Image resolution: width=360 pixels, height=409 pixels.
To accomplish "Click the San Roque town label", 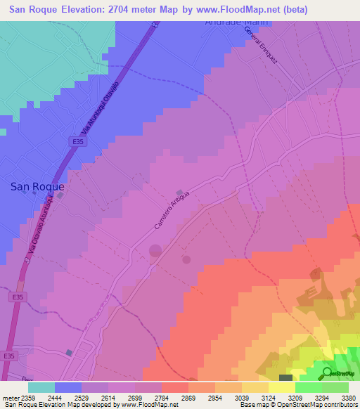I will coord(37,187).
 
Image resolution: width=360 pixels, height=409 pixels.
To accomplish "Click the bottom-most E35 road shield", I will coord(8,356).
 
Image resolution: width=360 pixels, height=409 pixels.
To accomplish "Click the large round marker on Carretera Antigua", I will coord(155,251).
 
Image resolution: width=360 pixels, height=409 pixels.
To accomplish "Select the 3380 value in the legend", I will coord(349,397).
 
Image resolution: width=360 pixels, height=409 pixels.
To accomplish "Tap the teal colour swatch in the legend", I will coord(41,387).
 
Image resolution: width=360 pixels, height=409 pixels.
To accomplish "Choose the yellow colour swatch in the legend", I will coord(281,387).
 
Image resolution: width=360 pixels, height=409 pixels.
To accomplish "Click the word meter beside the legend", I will coord(11,397).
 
